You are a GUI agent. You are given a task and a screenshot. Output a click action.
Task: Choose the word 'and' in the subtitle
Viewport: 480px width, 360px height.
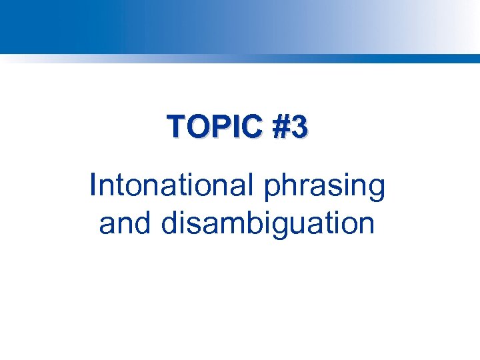point(125,223)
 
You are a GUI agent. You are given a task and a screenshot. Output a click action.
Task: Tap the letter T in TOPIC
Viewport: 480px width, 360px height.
point(177,126)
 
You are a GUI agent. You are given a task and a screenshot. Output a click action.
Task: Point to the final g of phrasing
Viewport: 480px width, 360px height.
point(377,191)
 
